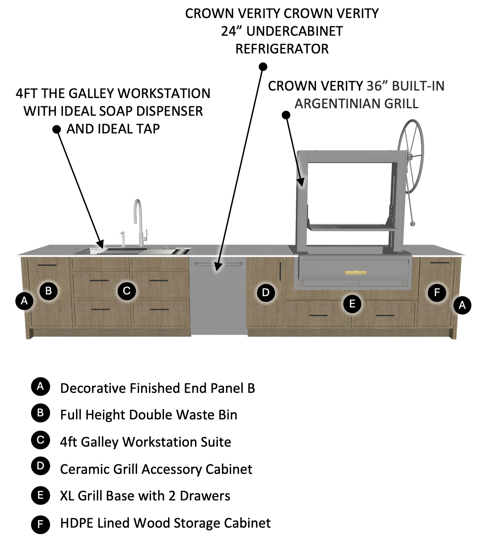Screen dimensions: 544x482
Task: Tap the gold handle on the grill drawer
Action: pos(356,273)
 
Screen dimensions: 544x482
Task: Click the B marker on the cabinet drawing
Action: pos(48,291)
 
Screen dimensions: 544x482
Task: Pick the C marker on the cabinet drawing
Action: pos(126,291)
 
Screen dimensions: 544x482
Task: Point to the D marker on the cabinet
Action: pos(266,292)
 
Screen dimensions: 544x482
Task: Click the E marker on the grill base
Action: pos(352,303)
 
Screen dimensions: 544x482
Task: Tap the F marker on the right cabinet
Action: pos(437,292)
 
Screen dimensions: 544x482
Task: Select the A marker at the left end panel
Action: pos(24,301)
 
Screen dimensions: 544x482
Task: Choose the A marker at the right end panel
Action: pos(462,305)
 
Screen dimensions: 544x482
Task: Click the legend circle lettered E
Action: pos(41,495)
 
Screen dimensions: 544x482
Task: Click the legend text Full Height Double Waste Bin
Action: pos(149,415)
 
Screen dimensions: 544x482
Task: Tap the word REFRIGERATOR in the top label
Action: pos(282,49)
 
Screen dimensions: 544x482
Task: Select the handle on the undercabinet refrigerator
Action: pos(218,263)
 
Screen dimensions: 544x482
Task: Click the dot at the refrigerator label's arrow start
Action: pos(262,66)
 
